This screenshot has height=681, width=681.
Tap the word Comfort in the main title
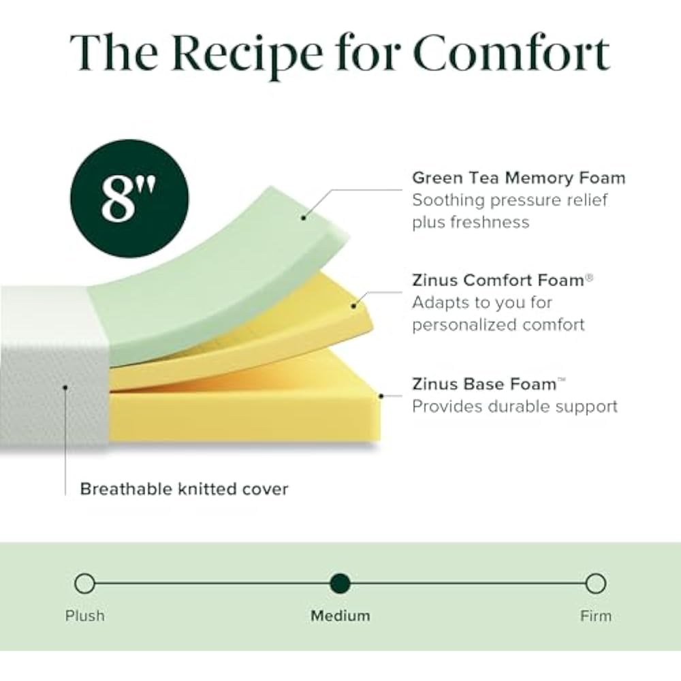click(x=511, y=53)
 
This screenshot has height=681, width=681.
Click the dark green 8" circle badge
click(x=128, y=198)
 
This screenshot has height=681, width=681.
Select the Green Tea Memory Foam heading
click(x=518, y=178)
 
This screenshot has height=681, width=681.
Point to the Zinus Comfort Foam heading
click(x=498, y=280)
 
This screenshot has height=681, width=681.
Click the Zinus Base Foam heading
click(x=485, y=383)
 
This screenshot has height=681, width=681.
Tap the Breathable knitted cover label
click(x=184, y=489)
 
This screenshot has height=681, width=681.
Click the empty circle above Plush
click(x=84, y=584)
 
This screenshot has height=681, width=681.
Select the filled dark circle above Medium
click(x=340, y=584)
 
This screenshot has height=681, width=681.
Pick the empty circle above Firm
click(x=595, y=584)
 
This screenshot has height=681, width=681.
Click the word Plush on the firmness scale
click(x=85, y=616)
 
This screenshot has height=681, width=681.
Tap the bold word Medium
click(x=340, y=616)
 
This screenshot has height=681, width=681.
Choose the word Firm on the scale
click(x=596, y=616)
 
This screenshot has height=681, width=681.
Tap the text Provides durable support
click(x=514, y=407)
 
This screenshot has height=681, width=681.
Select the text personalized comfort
click(x=498, y=324)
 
